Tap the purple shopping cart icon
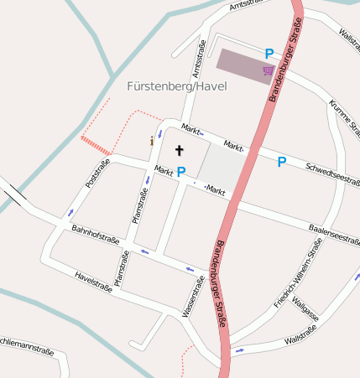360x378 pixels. click(x=268, y=70)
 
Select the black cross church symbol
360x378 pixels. click(x=178, y=150)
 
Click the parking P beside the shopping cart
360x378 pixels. click(x=269, y=53)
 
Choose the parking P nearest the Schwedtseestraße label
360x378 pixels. click(x=282, y=162)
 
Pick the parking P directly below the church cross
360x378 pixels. click(x=180, y=172)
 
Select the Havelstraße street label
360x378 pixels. click(x=93, y=281)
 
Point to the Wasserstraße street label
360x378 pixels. click(x=195, y=297)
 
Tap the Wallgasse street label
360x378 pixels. click(x=305, y=312)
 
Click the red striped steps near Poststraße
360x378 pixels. click(x=95, y=146)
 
